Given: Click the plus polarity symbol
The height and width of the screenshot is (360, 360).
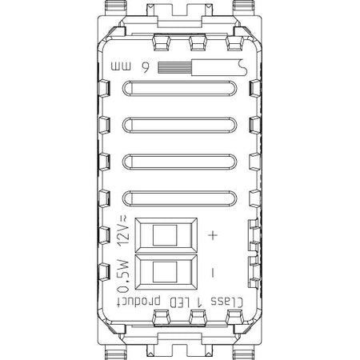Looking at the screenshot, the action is click(213, 235).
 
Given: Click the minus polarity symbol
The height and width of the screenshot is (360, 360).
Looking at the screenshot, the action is click(213, 273).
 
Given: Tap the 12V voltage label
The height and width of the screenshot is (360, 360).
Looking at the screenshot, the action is click(123, 231).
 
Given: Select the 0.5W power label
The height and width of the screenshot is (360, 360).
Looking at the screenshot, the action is click(123, 276).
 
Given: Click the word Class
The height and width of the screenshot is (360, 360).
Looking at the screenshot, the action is click(227, 302).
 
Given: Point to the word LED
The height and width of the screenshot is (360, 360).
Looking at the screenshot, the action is click(179, 302).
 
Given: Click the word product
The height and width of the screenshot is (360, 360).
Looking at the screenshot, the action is click(138, 302).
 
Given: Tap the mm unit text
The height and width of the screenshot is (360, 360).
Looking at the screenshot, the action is click(121, 66).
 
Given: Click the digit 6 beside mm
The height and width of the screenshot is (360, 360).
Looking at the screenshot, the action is click(146, 68).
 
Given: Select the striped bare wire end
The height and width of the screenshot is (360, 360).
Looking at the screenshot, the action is click(174, 68).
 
